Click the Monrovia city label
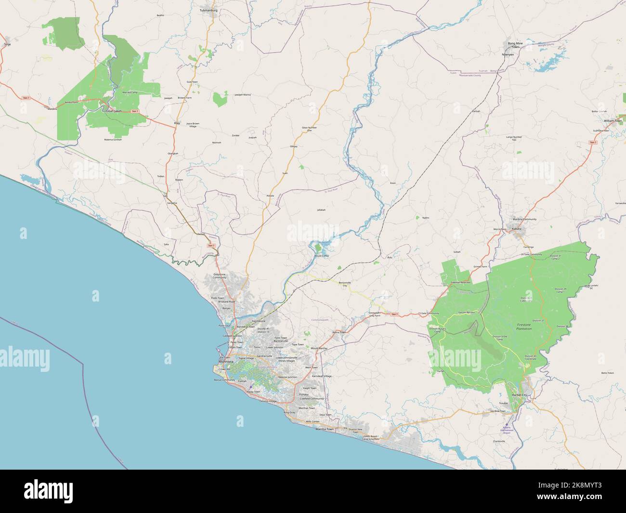226,361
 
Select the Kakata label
517,229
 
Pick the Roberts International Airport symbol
506,424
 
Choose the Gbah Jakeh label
114,111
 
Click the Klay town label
177,123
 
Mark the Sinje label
7,44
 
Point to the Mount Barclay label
319,348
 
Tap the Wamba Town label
324,428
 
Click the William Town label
613,120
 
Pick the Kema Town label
339,332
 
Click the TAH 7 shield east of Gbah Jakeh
135,111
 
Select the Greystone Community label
219,276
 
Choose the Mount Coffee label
321,255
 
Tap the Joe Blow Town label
497,411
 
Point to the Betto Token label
608,373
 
